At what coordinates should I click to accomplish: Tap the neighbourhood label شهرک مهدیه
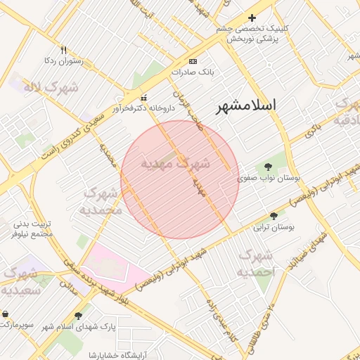(175, 164)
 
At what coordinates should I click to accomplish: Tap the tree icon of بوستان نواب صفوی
(268, 167)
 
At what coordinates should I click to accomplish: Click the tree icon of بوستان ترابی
(274, 216)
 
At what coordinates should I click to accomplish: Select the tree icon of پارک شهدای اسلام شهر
(78, 316)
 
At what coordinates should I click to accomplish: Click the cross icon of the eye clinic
(252, 18)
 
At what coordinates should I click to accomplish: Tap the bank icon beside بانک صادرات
(193, 61)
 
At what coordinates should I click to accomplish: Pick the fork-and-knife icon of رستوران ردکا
(63, 50)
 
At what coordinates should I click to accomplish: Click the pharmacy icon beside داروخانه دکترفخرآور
(144, 98)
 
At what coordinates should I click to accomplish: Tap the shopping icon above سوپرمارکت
(6, 314)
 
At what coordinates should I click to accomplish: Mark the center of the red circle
(180, 179)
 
